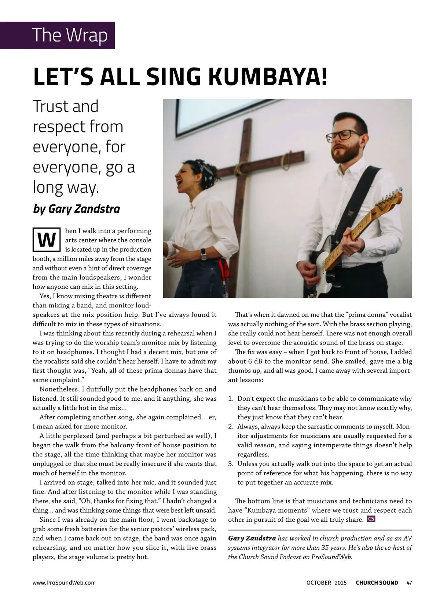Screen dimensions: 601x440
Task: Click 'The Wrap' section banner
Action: coord(70,35)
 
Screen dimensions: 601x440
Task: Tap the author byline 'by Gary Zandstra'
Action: coord(76,209)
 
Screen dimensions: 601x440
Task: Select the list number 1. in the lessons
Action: coord(231,399)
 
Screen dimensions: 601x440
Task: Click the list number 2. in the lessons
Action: coord(231,427)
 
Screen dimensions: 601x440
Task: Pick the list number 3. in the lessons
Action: coord(231,464)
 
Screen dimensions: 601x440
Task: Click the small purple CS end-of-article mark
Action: coord(371,519)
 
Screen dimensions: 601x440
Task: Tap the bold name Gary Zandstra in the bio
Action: coord(252,539)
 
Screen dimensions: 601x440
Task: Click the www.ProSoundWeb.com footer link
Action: coord(64,583)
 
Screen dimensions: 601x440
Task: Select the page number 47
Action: coord(409,583)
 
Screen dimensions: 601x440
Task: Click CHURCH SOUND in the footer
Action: coord(377,583)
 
